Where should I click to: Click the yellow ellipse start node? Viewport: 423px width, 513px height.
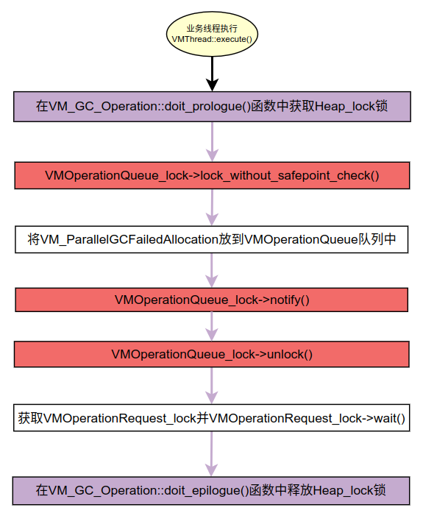pyautogui.click(x=212, y=34)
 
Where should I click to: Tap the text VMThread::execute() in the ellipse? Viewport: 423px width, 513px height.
pyautogui.click(x=212, y=39)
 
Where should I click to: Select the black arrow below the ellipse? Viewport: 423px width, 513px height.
pyautogui.click(x=212, y=74)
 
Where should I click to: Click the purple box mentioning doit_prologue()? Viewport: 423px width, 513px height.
pyautogui.click(x=212, y=107)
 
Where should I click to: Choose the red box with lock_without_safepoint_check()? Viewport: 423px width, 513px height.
pyautogui.click(x=212, y=175)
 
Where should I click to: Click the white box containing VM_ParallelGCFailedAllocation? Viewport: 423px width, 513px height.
pyautogui.click(x=212, y=239)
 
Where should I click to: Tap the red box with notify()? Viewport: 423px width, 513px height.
pyautogui.click(x=212, y=300)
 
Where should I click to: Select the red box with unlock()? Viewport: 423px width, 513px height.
pyautogui.click(x=212, y=354)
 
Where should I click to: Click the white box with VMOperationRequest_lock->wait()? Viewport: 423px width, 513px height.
pyautogui.click(x=212, y=418)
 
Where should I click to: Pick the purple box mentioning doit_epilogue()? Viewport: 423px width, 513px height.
pyautogui.click(x=211, y=491)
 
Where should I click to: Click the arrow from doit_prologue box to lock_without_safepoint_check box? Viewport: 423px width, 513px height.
pyautogui.click(x=212, y=141)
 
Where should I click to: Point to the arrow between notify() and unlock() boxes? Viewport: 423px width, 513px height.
pyautogui.click(x=212, y=326)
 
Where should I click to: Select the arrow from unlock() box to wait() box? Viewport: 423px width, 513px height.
pyautogui.click(x=212, y=386)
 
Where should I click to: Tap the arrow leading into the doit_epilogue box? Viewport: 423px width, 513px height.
pyautogui.click(x=212, y=454)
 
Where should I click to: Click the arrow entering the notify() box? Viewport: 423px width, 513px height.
pyautogui.click(x=212, y=270)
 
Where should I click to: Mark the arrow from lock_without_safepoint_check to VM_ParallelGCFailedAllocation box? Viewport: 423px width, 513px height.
pyautogui.click(x=212, y=207)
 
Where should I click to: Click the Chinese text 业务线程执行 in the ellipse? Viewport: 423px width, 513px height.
pyautogui.click(x=212, y=29)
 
